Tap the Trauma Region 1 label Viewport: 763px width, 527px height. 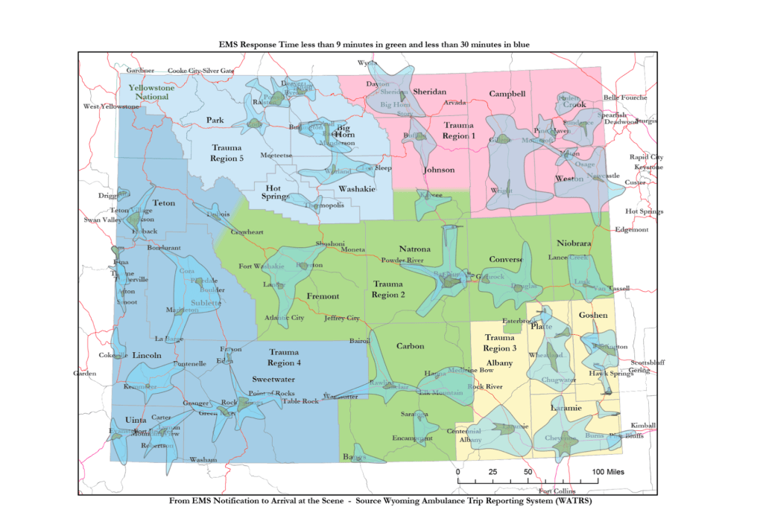point(458,131)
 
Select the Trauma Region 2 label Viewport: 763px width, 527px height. point(388,289)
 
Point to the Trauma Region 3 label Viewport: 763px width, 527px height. point(499,343)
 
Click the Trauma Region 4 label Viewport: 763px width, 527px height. point(284,357)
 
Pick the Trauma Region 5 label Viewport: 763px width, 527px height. point(227,153)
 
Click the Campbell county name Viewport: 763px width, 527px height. point(507,94)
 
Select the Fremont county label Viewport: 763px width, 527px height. point(323,296)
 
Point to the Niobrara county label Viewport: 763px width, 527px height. point(573,243)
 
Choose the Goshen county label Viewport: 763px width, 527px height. point(593,315)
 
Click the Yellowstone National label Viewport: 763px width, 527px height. point(151,92)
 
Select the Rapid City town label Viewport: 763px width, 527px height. point(646,157)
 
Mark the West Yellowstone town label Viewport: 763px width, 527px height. point(111,106)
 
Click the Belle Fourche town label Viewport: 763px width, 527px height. point(625,98)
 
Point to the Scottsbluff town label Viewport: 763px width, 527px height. point(648,362)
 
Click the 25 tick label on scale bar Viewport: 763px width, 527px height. point(493,472)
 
